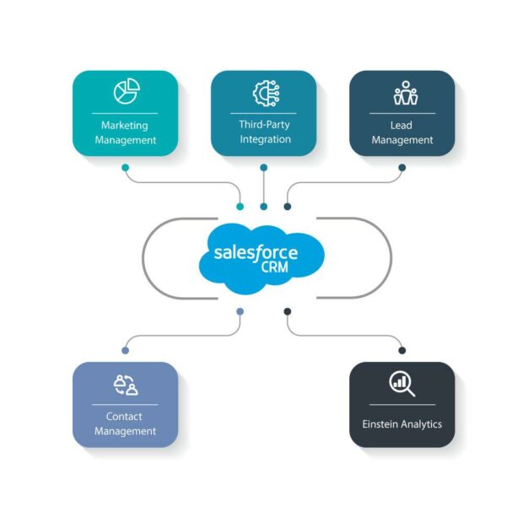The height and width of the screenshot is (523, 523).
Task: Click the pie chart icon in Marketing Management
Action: (x=125, y=91)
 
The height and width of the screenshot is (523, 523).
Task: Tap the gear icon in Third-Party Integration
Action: (x=263, y=92)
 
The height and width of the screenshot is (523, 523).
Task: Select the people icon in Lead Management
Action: (x=402, y=93)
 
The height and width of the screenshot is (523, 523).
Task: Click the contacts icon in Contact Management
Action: (x=125, y=385)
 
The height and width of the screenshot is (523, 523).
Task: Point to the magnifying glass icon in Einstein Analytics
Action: (x=402, y=384)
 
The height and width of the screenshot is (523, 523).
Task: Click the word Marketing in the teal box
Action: (x=125, y=126)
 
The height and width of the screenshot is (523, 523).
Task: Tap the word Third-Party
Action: (x=264, y=125)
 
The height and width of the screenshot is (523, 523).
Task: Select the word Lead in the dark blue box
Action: (x=402, y=126)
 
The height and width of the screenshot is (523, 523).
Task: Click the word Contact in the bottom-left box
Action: (x=124, y=417)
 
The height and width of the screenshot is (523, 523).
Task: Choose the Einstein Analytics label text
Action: (x=402, y=423)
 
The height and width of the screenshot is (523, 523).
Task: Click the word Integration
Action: (x=264, y=139)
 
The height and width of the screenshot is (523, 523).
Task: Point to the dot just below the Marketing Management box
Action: (x=125, y=167)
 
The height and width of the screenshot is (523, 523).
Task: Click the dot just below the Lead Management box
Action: (x=402, y=167)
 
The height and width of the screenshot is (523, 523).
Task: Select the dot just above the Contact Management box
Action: (x=125, y=350)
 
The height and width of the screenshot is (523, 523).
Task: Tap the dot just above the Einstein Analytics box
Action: (x=402, y=350)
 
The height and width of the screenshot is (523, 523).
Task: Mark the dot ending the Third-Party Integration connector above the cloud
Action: (x=264, y=205)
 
